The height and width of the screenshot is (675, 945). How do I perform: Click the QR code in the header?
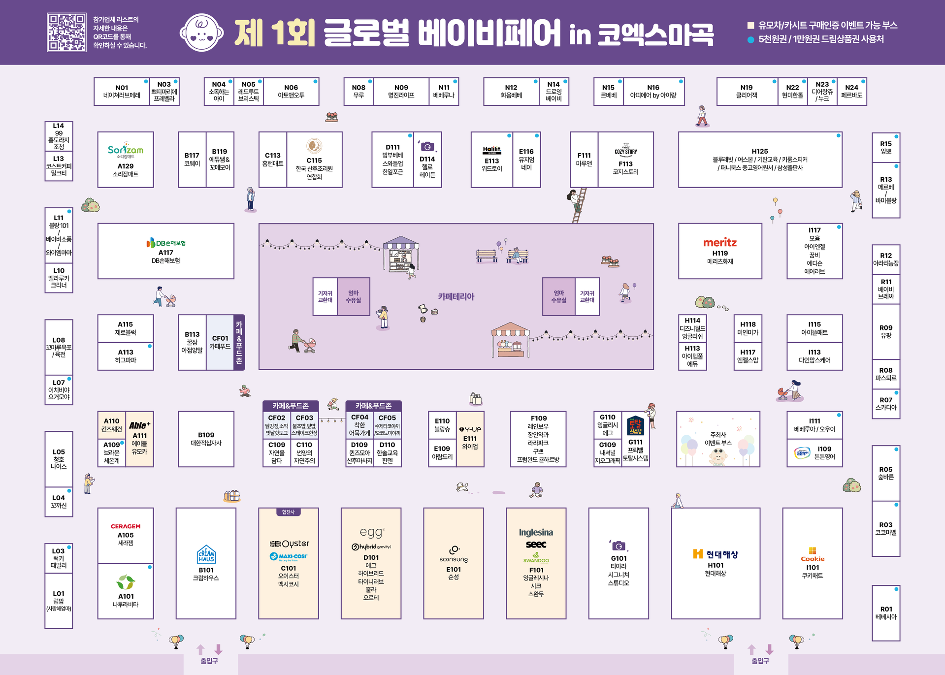tap(66, 32)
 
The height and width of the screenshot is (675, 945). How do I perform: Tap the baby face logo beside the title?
tap(201, 33)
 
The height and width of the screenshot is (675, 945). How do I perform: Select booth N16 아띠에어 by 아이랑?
tap(653, 92)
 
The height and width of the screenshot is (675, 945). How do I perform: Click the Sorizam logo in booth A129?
tap(126, 150)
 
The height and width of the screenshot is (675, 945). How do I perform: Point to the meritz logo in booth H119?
tap(720, 242)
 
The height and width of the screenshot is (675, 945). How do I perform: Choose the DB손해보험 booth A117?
tap(166, 251)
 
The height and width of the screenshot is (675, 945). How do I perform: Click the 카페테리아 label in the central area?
tap(456, 296)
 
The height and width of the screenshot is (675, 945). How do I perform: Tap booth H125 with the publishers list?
tap(760, 160)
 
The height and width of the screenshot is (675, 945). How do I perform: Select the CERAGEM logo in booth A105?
tap(126, 526)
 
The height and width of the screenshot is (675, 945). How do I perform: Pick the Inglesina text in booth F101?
tap(536, 532)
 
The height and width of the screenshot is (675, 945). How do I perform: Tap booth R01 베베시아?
tap(886, 613)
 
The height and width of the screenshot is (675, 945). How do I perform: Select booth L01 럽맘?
tap(59, 601)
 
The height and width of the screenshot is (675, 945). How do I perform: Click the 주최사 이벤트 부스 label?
tap(718, 439)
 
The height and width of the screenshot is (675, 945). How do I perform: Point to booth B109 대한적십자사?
tap(206, 439)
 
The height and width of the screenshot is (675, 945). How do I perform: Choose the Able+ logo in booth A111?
tap(140, 425)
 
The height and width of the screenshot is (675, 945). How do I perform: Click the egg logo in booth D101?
tap(371, 532)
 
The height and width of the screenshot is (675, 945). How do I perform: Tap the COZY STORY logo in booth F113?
tap(625, 151)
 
